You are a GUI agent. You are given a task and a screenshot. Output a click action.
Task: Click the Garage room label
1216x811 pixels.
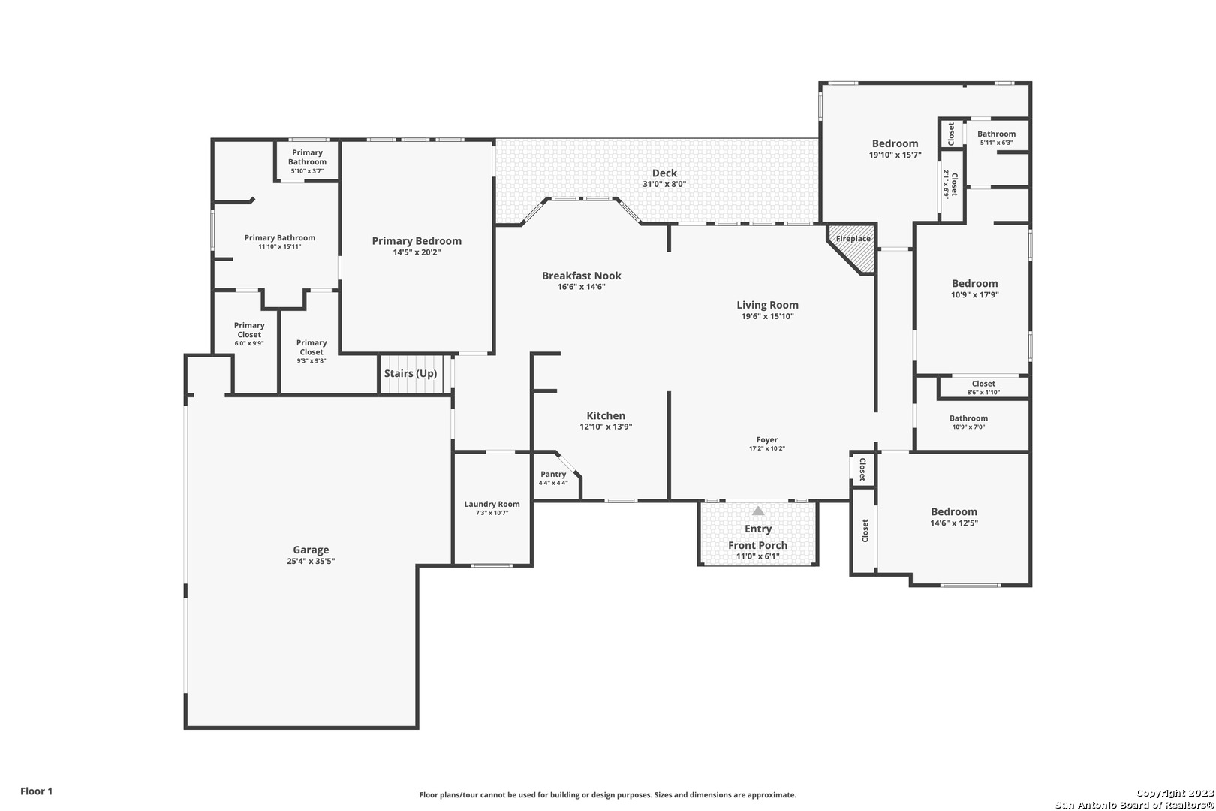pos(311,550)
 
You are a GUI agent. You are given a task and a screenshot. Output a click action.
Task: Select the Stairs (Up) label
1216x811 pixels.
pos(411,374)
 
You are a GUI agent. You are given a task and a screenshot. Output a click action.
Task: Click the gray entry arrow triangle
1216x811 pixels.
pos(758,511)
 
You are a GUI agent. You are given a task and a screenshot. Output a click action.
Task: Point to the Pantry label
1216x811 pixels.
pos(553,475)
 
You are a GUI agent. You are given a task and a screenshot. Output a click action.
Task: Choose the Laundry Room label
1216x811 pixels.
pos(492,504)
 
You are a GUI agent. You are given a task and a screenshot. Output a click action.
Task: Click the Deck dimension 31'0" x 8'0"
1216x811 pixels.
pos(664,184)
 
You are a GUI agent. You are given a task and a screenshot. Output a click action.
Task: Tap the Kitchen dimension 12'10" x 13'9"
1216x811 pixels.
pos(606,427)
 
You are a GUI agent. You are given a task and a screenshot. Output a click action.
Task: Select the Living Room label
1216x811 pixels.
pos(768,305)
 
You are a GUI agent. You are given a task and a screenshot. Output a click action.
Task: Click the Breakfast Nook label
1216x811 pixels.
pos(582,276)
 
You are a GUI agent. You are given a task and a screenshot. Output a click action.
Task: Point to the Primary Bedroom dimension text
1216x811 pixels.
pos(417,252)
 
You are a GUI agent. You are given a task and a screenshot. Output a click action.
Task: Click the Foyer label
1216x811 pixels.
pos(767,439)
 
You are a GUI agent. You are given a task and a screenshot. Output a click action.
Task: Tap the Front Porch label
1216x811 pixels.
pos(758,545)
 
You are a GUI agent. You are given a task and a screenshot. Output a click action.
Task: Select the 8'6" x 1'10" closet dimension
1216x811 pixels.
pos(983,393)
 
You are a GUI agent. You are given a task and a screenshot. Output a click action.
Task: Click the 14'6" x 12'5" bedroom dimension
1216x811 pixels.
pos(954,523)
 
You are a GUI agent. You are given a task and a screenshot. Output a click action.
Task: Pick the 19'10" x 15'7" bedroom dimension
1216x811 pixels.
pos(895,155)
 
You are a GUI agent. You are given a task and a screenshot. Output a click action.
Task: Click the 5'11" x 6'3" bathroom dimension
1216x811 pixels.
pos(996,143)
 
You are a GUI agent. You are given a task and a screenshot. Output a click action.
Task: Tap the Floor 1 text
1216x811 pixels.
pos(36,791)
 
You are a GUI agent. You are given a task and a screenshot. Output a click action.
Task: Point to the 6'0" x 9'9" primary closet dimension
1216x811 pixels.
pos(249,343)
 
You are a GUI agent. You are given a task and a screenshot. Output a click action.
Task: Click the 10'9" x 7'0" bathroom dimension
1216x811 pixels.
pos(968,427)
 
